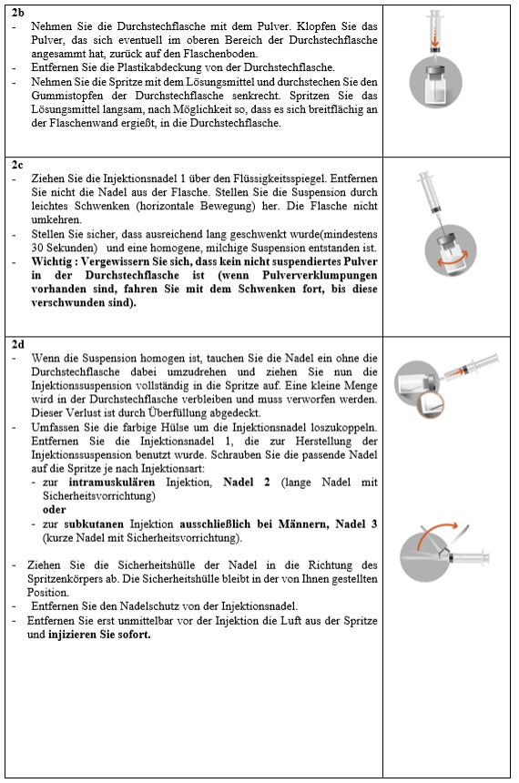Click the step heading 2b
coord(17,13)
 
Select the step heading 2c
coord(17,165)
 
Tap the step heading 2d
coord(17,344)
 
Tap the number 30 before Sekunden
coord(37,248)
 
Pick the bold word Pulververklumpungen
coord(320,275)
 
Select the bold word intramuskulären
coord(112,482)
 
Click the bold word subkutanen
coord(94,524)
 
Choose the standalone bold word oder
coord(55,510)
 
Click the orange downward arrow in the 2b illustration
coord(435,40)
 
